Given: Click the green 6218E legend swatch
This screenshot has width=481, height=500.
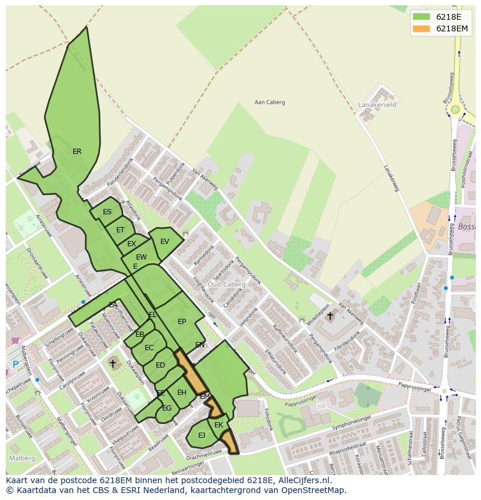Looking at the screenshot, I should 422,17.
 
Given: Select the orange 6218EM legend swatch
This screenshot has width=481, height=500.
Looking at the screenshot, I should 422,28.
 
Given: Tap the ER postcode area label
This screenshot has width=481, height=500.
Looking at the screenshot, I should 77,152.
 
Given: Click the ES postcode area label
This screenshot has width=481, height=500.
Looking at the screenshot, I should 107,212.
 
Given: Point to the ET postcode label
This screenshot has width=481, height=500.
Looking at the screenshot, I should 120,230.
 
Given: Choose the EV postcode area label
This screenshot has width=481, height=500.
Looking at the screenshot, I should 164,242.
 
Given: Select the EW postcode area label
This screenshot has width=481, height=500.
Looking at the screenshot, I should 141,257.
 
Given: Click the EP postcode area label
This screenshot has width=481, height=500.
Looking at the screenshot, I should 182,322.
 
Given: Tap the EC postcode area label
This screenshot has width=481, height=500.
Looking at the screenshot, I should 149,348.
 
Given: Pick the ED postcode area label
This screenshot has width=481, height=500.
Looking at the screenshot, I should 160,365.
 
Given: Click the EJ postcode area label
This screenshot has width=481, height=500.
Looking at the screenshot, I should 202,435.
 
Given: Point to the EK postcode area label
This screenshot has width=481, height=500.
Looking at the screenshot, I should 218,425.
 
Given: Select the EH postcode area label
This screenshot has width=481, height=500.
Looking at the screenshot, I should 182,393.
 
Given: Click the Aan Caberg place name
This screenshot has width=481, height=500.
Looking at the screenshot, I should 270,102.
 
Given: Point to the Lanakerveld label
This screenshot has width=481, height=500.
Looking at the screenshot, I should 378,105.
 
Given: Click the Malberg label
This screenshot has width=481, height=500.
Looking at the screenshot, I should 22,458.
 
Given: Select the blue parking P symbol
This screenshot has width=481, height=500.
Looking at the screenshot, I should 15,365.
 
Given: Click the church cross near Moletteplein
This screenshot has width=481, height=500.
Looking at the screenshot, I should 330,316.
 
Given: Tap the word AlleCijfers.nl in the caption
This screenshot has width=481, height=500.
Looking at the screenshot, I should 302,481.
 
